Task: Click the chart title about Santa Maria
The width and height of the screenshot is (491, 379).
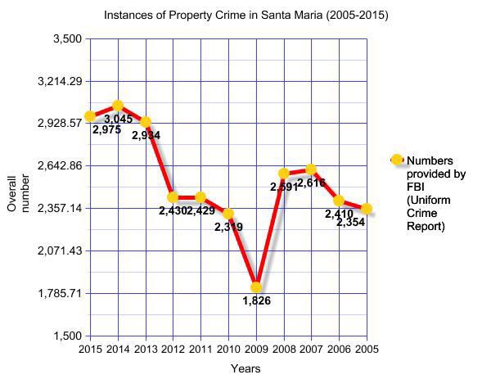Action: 245,16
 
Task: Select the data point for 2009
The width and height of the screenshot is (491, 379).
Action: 256,287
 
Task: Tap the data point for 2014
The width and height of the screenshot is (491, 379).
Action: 118,106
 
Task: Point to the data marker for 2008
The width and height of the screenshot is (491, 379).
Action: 284,174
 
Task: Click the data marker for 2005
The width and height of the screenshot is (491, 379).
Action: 367,209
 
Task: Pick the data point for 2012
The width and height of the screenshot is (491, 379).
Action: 173,197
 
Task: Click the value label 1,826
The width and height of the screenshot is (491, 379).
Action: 256,301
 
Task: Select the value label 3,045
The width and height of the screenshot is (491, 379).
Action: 118,120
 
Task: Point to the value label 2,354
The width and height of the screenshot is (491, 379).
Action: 350,223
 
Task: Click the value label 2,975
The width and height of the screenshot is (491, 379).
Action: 106,129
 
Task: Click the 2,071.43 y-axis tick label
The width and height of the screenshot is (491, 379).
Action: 61,250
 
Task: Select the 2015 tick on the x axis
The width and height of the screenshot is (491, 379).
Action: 91,348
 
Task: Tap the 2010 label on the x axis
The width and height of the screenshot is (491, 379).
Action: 228,348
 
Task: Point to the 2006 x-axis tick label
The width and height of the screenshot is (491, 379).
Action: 339,348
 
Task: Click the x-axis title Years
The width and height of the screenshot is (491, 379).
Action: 245,368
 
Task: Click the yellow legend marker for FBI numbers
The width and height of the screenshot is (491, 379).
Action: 397,160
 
